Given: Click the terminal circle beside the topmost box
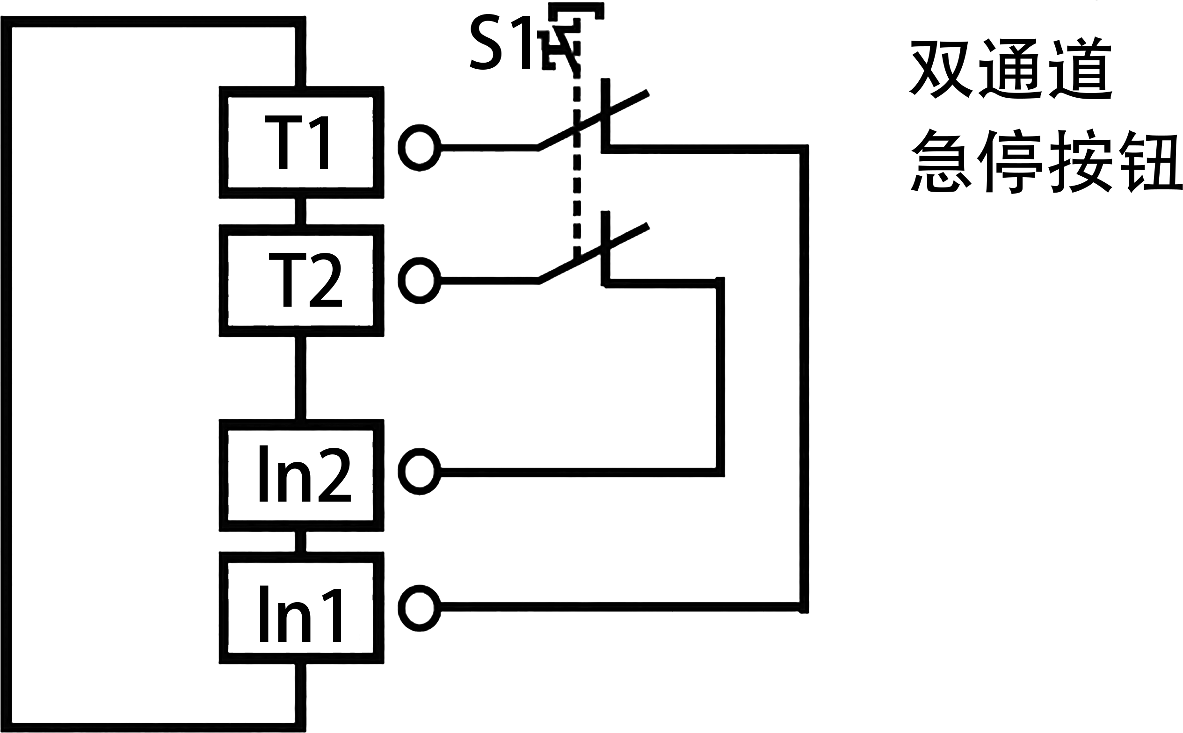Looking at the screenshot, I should [419, 147].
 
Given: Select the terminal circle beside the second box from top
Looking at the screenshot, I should [419, 280].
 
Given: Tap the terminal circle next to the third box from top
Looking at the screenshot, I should [419, 472].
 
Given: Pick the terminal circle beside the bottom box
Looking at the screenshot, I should [419, 608].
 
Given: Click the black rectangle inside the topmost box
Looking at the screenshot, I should [296, 142].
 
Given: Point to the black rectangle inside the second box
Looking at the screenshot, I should [305, 280].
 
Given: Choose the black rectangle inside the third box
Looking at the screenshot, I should [305, 473].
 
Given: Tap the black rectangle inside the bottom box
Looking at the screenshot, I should [300, 613].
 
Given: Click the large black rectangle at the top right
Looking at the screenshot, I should [1045, 115].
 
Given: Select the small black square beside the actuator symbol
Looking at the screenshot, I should [499, 42].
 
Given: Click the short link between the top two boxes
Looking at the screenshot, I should [301, 211].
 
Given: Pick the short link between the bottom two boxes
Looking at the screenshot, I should [301, 541].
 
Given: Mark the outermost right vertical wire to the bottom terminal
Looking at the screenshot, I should [804, 378].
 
